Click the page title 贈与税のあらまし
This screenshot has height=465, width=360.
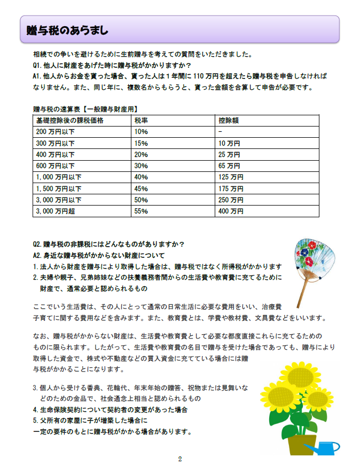(x=68, y=31)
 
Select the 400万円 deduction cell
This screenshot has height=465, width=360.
(x=231, y=211)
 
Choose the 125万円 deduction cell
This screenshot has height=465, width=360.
(x=231, y=177)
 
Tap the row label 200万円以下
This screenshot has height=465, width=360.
(x=54, y=131)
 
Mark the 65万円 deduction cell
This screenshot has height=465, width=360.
(x=229, y=165)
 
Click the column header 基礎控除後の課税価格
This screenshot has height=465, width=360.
(x=69, y=121)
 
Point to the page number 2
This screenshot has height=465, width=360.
(x=180, y=459)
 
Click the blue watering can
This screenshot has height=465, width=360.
(x=323, y=447)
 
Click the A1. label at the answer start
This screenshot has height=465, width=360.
(x=37, y=77)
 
